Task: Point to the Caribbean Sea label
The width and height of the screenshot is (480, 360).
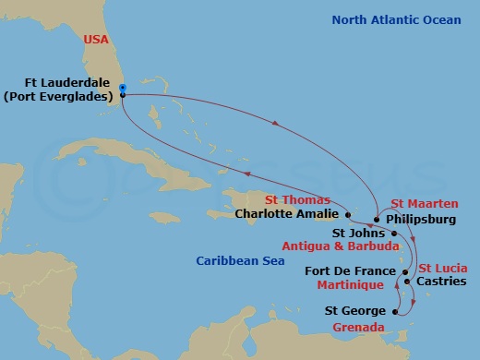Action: click(x=238, y=262)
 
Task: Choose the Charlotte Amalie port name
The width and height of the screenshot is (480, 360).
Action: click(x=287, y=214)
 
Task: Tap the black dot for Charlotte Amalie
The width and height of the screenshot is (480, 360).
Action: click(x=348, y=214)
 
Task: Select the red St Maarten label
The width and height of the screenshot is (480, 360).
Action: click(x=421, y=205)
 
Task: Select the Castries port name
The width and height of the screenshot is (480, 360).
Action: click(x=441, y=280)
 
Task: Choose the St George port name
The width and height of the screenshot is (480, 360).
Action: click(x=358, y=312)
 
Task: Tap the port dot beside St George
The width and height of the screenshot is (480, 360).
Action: click(x=396, y=312)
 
